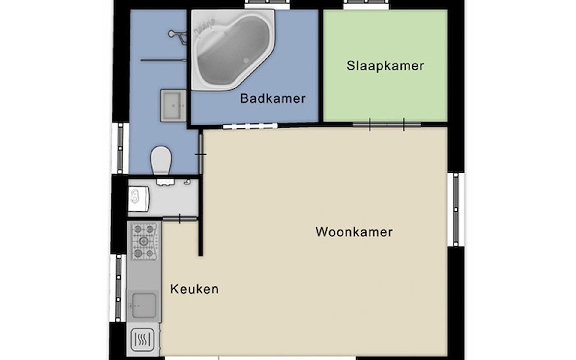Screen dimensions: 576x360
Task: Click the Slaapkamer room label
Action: click(x=385, y=66)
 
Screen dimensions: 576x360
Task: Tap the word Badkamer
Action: click(x=273, y=98)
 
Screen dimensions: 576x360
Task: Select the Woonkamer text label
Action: click(x=354, y=232)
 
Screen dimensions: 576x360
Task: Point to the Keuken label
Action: click(x=194, y=289)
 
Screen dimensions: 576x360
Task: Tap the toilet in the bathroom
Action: click(x=161, y=160)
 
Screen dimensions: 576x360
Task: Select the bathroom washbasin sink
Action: click(x=173, y=105)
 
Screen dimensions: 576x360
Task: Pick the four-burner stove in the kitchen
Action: click(x=144, y=241)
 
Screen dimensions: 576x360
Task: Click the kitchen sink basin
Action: click(x=144, y=305)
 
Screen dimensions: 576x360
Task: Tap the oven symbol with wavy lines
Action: click(x=142, y=340)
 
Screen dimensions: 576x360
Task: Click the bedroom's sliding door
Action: click(x=387, y=124)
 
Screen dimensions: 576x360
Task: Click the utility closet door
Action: click(x=180, y=219)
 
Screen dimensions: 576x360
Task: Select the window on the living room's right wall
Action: click(x=456, y=209)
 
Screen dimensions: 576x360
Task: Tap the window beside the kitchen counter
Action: click(x=118, y=288)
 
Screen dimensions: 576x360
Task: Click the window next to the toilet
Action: click(x=120, y=148)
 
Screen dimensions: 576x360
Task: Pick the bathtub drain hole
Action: click(x=246, y=61)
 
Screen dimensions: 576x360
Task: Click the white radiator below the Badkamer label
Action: click(x=250, y=126)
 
